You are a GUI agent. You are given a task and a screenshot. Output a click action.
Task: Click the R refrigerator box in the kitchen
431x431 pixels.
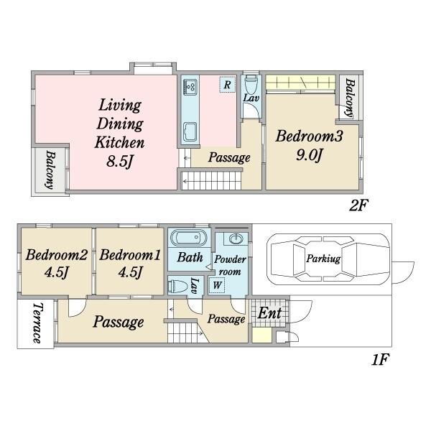click(x=227, y=84)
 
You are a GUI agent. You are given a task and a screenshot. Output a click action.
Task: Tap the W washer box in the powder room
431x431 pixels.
click(x=217, y=285)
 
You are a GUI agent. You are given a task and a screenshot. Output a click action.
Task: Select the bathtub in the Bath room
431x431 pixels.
click(x=189, y=238)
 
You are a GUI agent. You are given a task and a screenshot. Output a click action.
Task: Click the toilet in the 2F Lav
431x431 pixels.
click(x=251, y=85)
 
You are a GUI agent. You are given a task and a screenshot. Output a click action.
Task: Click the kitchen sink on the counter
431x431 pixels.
click(x=190, y=132)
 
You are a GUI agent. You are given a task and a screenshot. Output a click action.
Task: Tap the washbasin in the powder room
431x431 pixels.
click(x=236, y=239)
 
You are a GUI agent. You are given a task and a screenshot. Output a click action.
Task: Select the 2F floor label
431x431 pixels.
click(x=358, y=205)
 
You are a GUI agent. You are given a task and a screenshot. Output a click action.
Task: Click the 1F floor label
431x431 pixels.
click(x=380, y=360)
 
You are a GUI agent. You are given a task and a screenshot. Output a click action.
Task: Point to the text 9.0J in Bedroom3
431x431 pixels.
click(x=309, y=155)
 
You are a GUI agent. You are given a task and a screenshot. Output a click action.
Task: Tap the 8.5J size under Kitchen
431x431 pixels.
click(x=120, y=162)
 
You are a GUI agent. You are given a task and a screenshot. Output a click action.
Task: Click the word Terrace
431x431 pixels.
click(x=37, y=323)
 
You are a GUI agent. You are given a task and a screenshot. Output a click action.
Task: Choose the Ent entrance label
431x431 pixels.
click(x=269, y=313)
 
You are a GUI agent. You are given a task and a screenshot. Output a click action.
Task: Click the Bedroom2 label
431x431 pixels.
click(x=57, y=255)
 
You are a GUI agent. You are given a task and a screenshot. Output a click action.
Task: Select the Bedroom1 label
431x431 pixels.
click(x=130, y=255)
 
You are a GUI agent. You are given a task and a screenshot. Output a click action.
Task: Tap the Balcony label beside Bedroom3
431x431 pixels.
click(x=349, y=98)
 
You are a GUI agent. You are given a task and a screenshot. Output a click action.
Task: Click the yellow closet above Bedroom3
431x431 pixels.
click(x=300, y=82)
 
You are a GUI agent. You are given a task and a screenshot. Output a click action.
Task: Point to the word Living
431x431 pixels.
click(x=120, y=106)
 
